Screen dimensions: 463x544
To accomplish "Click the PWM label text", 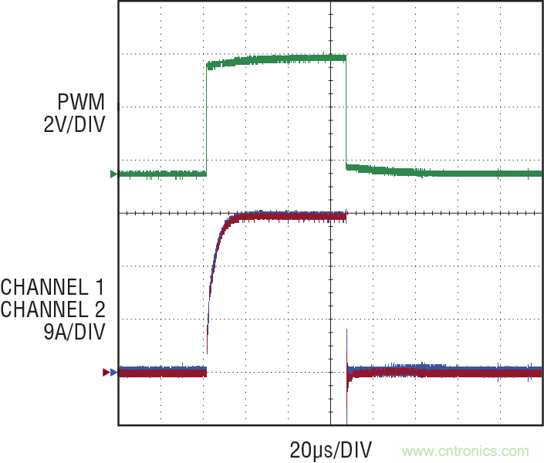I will pyautogui.click(x=80, y=101).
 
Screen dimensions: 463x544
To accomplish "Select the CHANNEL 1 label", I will pyautogui.click(x=52, y=288).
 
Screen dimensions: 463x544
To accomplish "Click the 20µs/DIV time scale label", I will pyautogui.click(x=331, y=449).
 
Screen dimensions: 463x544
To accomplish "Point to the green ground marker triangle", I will pyautogui.click(x=113, y=174).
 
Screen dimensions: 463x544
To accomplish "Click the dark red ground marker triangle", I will pyautogui.click(x=106, y=372).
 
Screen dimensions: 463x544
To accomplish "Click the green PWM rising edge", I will pyautogui.click(x=206, y=120).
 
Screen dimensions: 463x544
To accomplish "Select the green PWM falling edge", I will pyautogui.click(x=346, y=112).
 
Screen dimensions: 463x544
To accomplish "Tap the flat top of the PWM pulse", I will pyautogui.click(x=278, y=59).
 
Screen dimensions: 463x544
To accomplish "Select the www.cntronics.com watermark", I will pyautogui.click(x=465, y=451).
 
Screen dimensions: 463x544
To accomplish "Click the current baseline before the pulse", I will pyautogui.click(x=162, y=372).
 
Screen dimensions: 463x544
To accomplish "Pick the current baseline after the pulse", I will pyautogui.click(x=448, y=372).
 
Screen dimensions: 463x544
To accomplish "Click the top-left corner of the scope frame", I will pyautogui.click(x=118, y=2).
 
